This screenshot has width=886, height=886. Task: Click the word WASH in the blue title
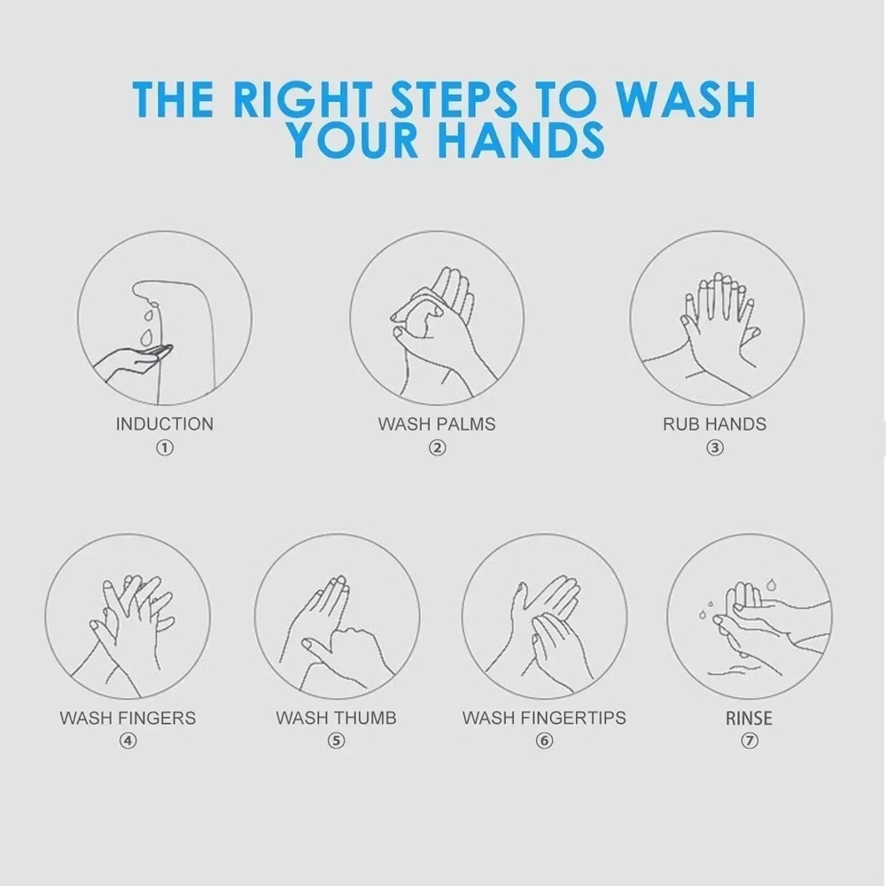pyautogui.click(x=685, y=99)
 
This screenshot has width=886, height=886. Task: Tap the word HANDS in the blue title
pyautogui.click(x=521, y=140)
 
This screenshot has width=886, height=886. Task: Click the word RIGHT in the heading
pyautogui.click(x=302, y=99)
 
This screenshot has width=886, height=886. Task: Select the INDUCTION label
pyautogui.click(x=165, y=424)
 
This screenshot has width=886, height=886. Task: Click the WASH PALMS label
pyautogui.click(x=437, y=424)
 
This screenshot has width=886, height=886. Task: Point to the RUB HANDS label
pyautogui.click(x=714, y=424)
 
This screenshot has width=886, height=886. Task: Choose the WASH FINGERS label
pyautogui.click(x=128, y=718)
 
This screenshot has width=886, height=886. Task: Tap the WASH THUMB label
pyautogui.click(x=336, y=718)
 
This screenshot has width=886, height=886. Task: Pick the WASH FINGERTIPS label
pyautogui.click(x=544, y=718)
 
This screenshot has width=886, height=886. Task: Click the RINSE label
pyautogui.click(x=749, y=719)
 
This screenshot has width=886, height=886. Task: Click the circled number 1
pyautogui.click(x=165, y=448)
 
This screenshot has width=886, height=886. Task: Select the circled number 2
pyautogui.click(x=437, y=448)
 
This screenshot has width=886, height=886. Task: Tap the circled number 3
pyautogui.click(x=715, y=448)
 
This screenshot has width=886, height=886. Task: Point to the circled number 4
pyautogui.click(x=128, y=741)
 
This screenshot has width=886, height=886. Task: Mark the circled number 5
pyautogui.click(x=336, y=741)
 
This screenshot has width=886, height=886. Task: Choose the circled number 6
pyautogui.click(x=544, y=741)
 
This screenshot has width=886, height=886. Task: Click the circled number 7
pyautogui.click(x=750, y=741)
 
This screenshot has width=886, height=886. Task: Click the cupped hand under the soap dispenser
pyautogui.click(x=136, y=361)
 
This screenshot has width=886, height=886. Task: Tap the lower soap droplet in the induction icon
pyautogui.click(x=146, y=338)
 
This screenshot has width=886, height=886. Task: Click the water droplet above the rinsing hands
pyautogui.click(x=771, y=584)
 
